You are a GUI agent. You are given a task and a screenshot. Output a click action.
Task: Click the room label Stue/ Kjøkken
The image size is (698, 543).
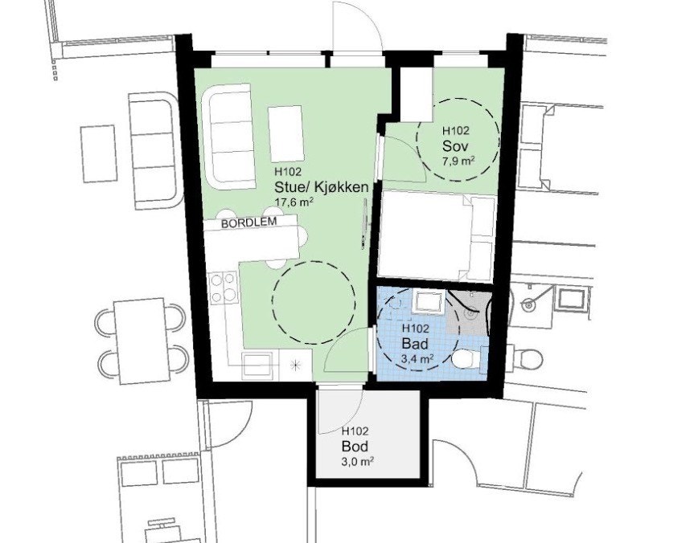[321, 187]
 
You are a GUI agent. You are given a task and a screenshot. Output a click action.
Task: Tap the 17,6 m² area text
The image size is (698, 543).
[294, 202]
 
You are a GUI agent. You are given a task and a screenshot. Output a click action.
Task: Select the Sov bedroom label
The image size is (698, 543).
[454, 145]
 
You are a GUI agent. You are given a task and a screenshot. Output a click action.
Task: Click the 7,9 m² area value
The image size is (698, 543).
[457, 161]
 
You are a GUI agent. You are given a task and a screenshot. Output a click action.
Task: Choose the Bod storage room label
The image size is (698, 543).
[355, 446]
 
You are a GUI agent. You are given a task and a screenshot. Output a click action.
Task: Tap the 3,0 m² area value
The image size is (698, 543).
[356, 461]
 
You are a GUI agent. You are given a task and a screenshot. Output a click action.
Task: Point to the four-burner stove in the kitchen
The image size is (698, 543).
[223, 287]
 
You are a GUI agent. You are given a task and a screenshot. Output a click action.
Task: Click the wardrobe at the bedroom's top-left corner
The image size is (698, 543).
[416, 95]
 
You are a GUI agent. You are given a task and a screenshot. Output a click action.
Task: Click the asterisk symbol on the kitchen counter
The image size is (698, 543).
[298, 365]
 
